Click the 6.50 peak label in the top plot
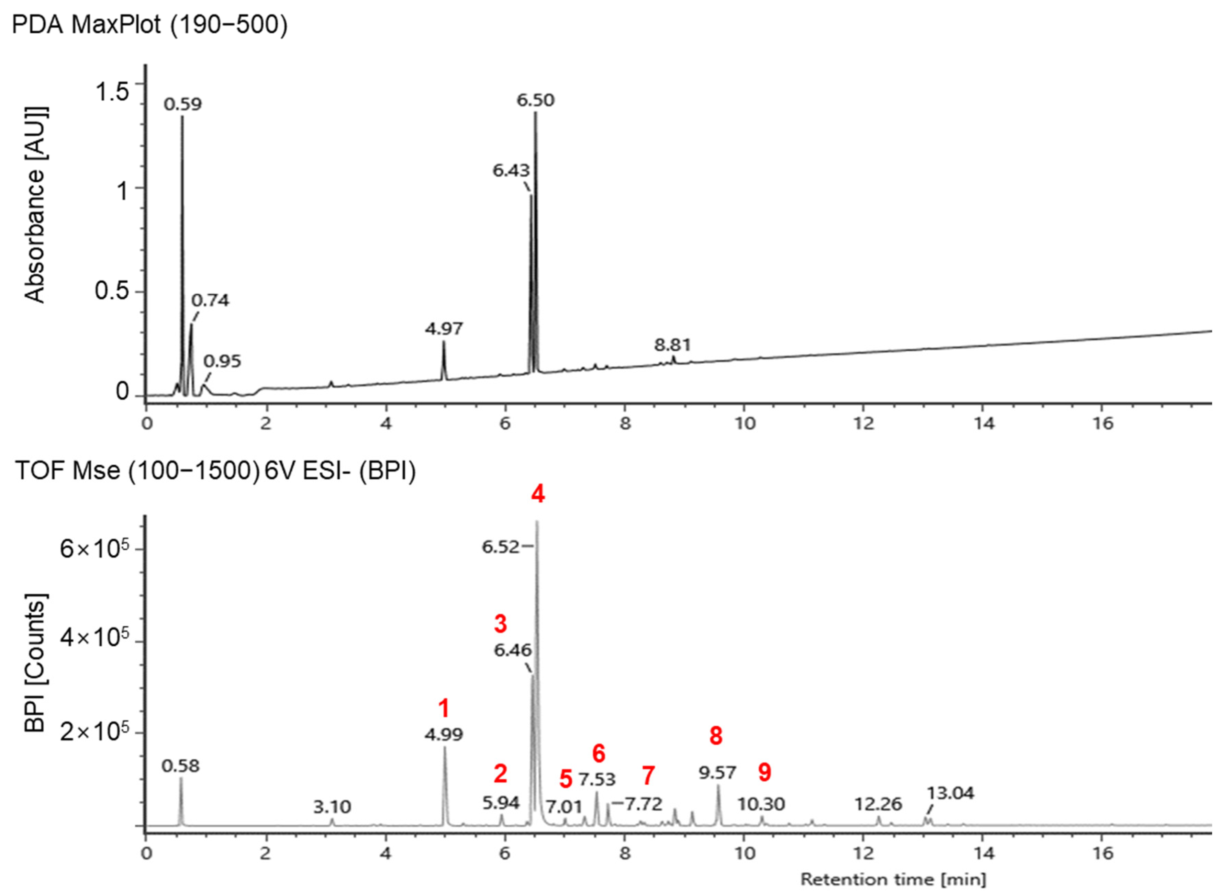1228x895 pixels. point(535,100)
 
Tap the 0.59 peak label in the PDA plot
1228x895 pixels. point(183,104)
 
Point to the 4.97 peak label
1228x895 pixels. point(444,328)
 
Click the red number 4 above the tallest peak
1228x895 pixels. point(538,494)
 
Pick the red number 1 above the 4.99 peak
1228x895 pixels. point(444,708)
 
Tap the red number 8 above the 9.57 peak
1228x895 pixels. point(716,736)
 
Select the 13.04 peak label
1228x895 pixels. point(950,793)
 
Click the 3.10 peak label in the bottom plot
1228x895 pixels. point(332,807)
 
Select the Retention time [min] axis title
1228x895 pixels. point(893,879)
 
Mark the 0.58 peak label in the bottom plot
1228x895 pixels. point(180,766)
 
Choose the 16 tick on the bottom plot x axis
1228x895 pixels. point(1102,853)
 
